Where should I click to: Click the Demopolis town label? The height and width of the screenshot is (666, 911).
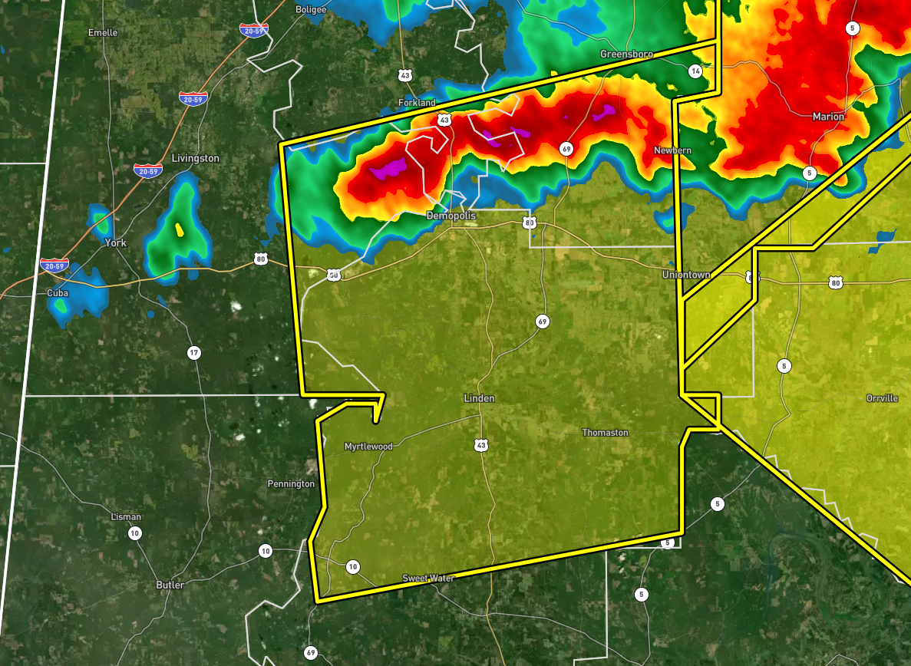pyautogui.click(x=451, y=216)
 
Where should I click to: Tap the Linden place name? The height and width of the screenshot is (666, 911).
pyautogui.click(x=479, y=398)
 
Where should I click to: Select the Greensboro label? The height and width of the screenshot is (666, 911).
pyautogui.click(x=625, y=54)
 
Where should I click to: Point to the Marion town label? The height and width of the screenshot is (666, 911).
pyautogui.click(x=827, y=117)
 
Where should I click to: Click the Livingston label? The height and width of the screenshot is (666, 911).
pyautogui.click(x=195, y=158)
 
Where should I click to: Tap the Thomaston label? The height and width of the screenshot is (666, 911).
pyautogui.click(x=605, y=433)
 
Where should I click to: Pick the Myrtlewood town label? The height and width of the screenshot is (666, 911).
pyautogui.click(x=368, y=447)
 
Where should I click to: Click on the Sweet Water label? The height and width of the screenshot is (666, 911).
pyautogui.click(x=428, y=578)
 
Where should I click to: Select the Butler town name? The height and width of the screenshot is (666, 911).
pyautogui.click(x=170, y=585)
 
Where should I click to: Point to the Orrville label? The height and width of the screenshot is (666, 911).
pyautogui.click(x=881, y=398)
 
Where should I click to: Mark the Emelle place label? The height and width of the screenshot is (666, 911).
pyautogui.click(x=103, y=33)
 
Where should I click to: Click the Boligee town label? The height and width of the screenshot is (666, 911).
pyautogui.click(x=311, y=9)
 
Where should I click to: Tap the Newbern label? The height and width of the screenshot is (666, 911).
pyautogui.click(x=672, y=150)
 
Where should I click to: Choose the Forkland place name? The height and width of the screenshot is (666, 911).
pyautogui.click(x=417, y=103)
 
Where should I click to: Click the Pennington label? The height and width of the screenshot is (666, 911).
pyautogui.click(x=290, y=484)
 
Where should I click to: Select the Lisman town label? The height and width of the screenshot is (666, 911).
pyautogui.click(x=126, y=516)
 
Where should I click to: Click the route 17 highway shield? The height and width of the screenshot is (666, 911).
pyautogui.click(x=193, y=353)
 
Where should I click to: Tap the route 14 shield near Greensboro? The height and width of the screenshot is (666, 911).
pyautogui.click(x=695, y=71)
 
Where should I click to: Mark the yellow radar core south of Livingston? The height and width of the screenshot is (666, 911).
pyautogui.click(x=180, y=229)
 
